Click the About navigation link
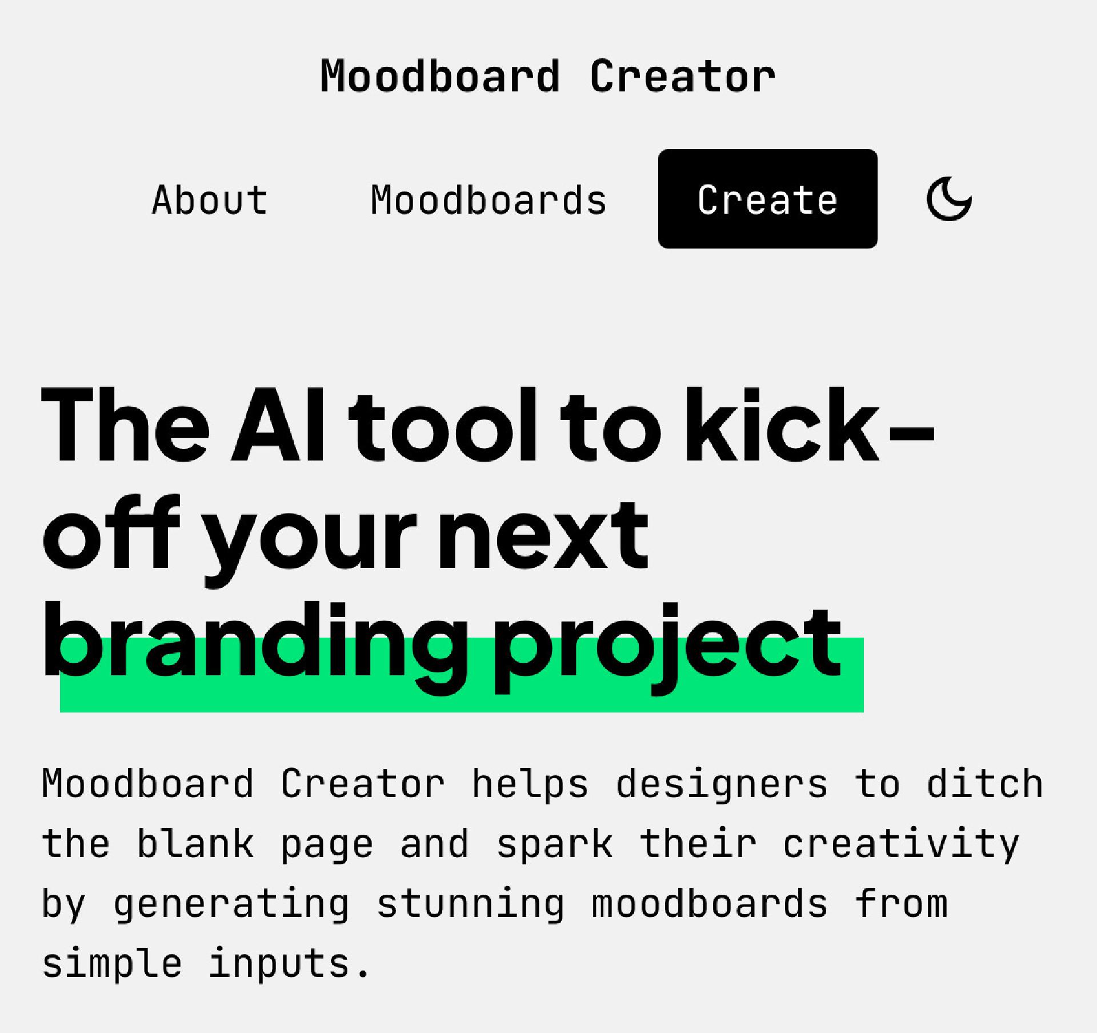[210, 199]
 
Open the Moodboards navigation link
[489, 199]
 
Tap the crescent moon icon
[948, 199]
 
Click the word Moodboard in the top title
[440, 76]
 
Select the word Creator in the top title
[683, 76]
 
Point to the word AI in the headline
[278, 424]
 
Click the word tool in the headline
[443, 424]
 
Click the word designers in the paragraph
[721, 783]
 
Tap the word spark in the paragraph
[555, 844]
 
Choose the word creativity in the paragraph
[901, 844]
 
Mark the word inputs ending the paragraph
[278, 965]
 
